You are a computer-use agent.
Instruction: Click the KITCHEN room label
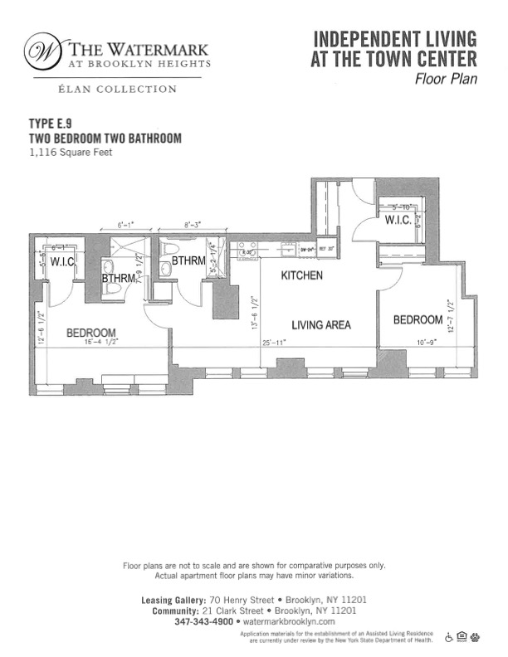click(301, 275)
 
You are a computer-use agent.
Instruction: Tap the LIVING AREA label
click(320, 325)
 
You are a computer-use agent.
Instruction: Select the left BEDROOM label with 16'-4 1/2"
click(91, 333)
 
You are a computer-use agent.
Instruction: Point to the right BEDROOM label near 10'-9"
click(418, 320)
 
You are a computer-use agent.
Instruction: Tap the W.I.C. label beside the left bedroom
click(63, 263)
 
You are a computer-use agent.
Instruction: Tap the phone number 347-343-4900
click(204, 621)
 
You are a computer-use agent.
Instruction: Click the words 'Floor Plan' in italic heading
click(446, 80)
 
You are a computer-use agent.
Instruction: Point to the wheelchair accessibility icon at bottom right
click(449, 637)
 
